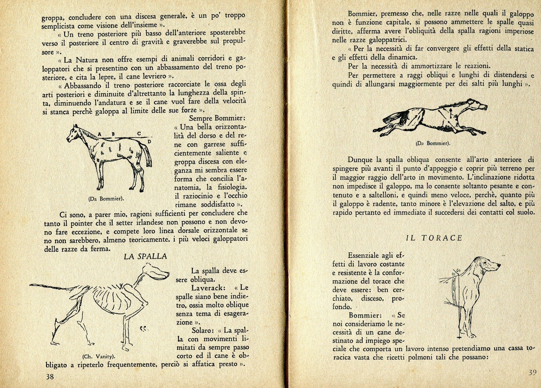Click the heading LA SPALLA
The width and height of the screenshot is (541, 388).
(x=145, y=256)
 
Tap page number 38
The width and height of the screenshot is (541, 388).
(x=50, y=377)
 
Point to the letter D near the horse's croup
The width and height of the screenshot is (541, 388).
(x=149, y=141)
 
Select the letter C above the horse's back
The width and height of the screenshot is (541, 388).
(x=139, y=134)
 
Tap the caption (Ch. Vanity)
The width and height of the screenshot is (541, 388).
(x=99, y=356)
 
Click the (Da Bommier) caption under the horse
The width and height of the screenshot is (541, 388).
(x=107, y=198)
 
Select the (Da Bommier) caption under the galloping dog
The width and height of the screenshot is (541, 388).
(x=433, y=143)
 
